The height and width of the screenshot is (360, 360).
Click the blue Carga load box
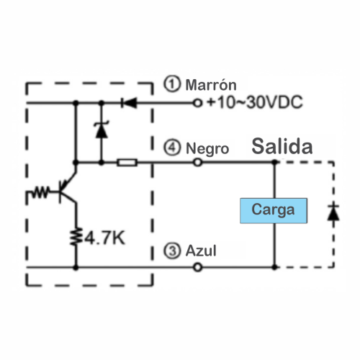[x=274, y=211]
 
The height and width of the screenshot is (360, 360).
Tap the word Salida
[x=282, y=146]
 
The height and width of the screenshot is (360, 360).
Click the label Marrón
[x=211, y=85]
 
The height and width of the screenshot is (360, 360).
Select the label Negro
[x=207, y=149]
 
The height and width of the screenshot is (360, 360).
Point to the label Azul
[x=201, y=251]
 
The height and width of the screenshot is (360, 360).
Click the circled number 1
[x=172, y=84]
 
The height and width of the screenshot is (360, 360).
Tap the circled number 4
[x=172, y=148]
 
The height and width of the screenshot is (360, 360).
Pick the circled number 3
[x=172, y=251]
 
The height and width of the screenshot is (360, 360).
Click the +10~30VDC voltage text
[x=255, y=102]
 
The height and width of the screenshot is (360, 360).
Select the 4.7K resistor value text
[x=104, y=238]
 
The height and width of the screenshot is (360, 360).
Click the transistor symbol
[x=67, y=189]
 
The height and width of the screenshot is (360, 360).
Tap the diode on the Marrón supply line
[x=129, y=103]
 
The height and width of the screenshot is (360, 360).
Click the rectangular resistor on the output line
[x=127, y=163]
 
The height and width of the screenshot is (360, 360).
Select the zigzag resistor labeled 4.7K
[x=76, y=236]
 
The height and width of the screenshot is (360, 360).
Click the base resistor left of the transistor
[x=40, y=192]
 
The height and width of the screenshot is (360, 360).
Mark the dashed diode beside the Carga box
[x=333, y=213]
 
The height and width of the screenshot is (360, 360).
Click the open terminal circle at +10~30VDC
[x=197, y=103]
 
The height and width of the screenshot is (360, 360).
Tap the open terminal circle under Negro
[x=197, y=163]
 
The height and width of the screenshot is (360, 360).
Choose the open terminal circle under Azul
[x=197, y=267]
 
